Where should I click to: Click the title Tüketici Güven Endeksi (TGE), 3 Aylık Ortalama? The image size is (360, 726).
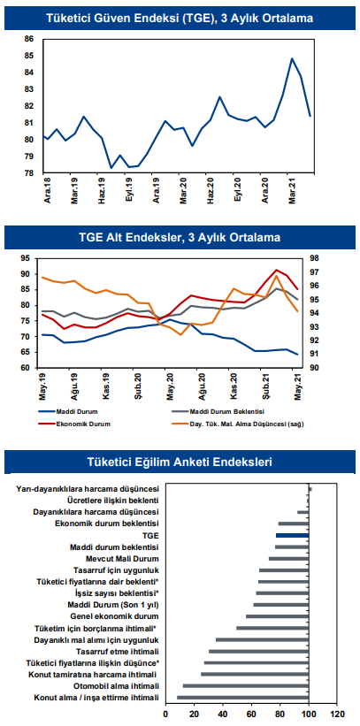[x=180, y=19]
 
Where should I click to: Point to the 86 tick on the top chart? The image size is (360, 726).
[x=30, y=40]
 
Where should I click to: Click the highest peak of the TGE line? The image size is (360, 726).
[x=292, y=58]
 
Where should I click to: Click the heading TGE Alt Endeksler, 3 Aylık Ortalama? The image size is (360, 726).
[x=180, y=238]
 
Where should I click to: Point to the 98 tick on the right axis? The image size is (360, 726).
[x=308, y=258]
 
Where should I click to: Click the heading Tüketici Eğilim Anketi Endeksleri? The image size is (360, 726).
[x=180, y=462]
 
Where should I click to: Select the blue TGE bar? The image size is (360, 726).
[x=293, y=535]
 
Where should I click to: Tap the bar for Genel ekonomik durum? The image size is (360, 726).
[x=278, y=616]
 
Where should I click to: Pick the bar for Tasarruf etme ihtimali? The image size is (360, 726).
[x=259, y=651]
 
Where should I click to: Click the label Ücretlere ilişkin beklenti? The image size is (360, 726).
[x=113, y=500]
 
